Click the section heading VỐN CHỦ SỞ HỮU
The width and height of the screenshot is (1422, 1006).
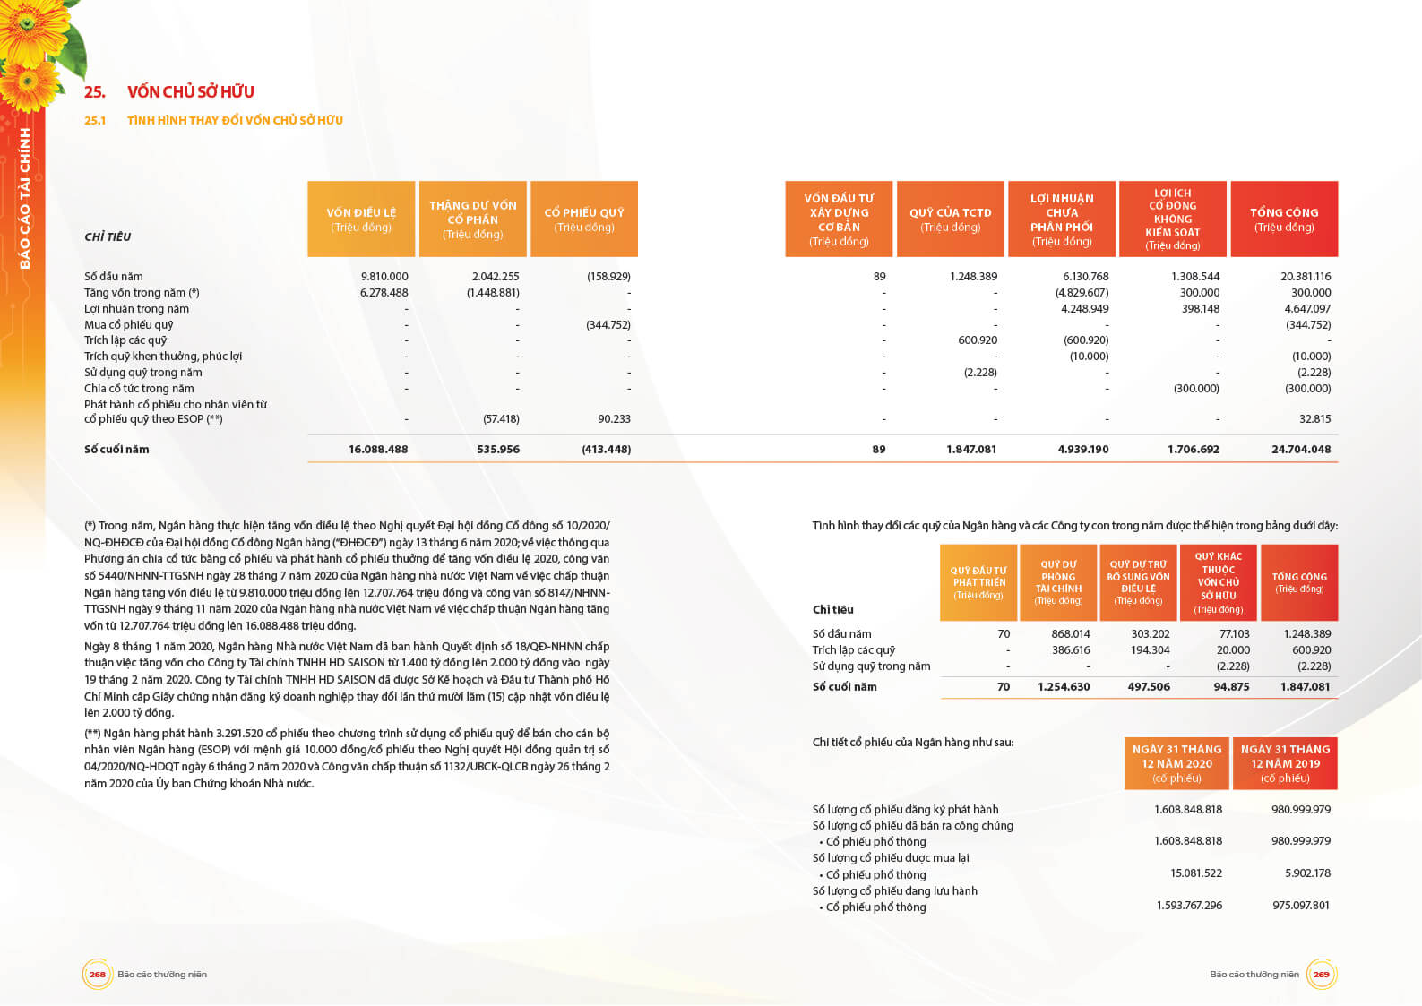[190, 91]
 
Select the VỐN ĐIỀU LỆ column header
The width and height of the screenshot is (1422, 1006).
[361, 219]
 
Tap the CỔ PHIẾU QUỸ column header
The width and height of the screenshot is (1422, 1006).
[584, 219]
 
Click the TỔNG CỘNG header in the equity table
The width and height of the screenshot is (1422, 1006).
[1284, 219]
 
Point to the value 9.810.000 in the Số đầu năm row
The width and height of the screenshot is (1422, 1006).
[384, 277]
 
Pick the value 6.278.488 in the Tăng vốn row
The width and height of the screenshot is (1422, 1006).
[384, 293]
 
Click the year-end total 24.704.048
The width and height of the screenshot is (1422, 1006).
[1301, 450]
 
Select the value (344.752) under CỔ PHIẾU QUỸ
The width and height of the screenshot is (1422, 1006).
[608, 325]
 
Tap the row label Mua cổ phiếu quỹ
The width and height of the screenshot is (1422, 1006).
[129, 325]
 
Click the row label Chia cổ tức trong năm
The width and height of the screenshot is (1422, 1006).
[139, 389]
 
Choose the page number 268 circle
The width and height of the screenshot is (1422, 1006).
[98, 975]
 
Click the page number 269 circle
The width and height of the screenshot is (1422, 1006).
[1321, 975]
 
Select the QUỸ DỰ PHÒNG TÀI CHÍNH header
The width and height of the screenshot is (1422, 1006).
[1058, 582]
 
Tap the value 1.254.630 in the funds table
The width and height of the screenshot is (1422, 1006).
[1064, 687]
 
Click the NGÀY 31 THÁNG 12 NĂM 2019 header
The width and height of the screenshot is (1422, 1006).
[1285, 763]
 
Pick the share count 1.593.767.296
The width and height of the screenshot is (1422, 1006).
[1189, 906]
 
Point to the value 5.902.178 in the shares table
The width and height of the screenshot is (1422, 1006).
[1307, 873]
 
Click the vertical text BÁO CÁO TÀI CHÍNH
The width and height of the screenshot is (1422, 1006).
[25, 198]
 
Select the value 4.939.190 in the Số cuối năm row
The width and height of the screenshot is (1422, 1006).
[1082, 450]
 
